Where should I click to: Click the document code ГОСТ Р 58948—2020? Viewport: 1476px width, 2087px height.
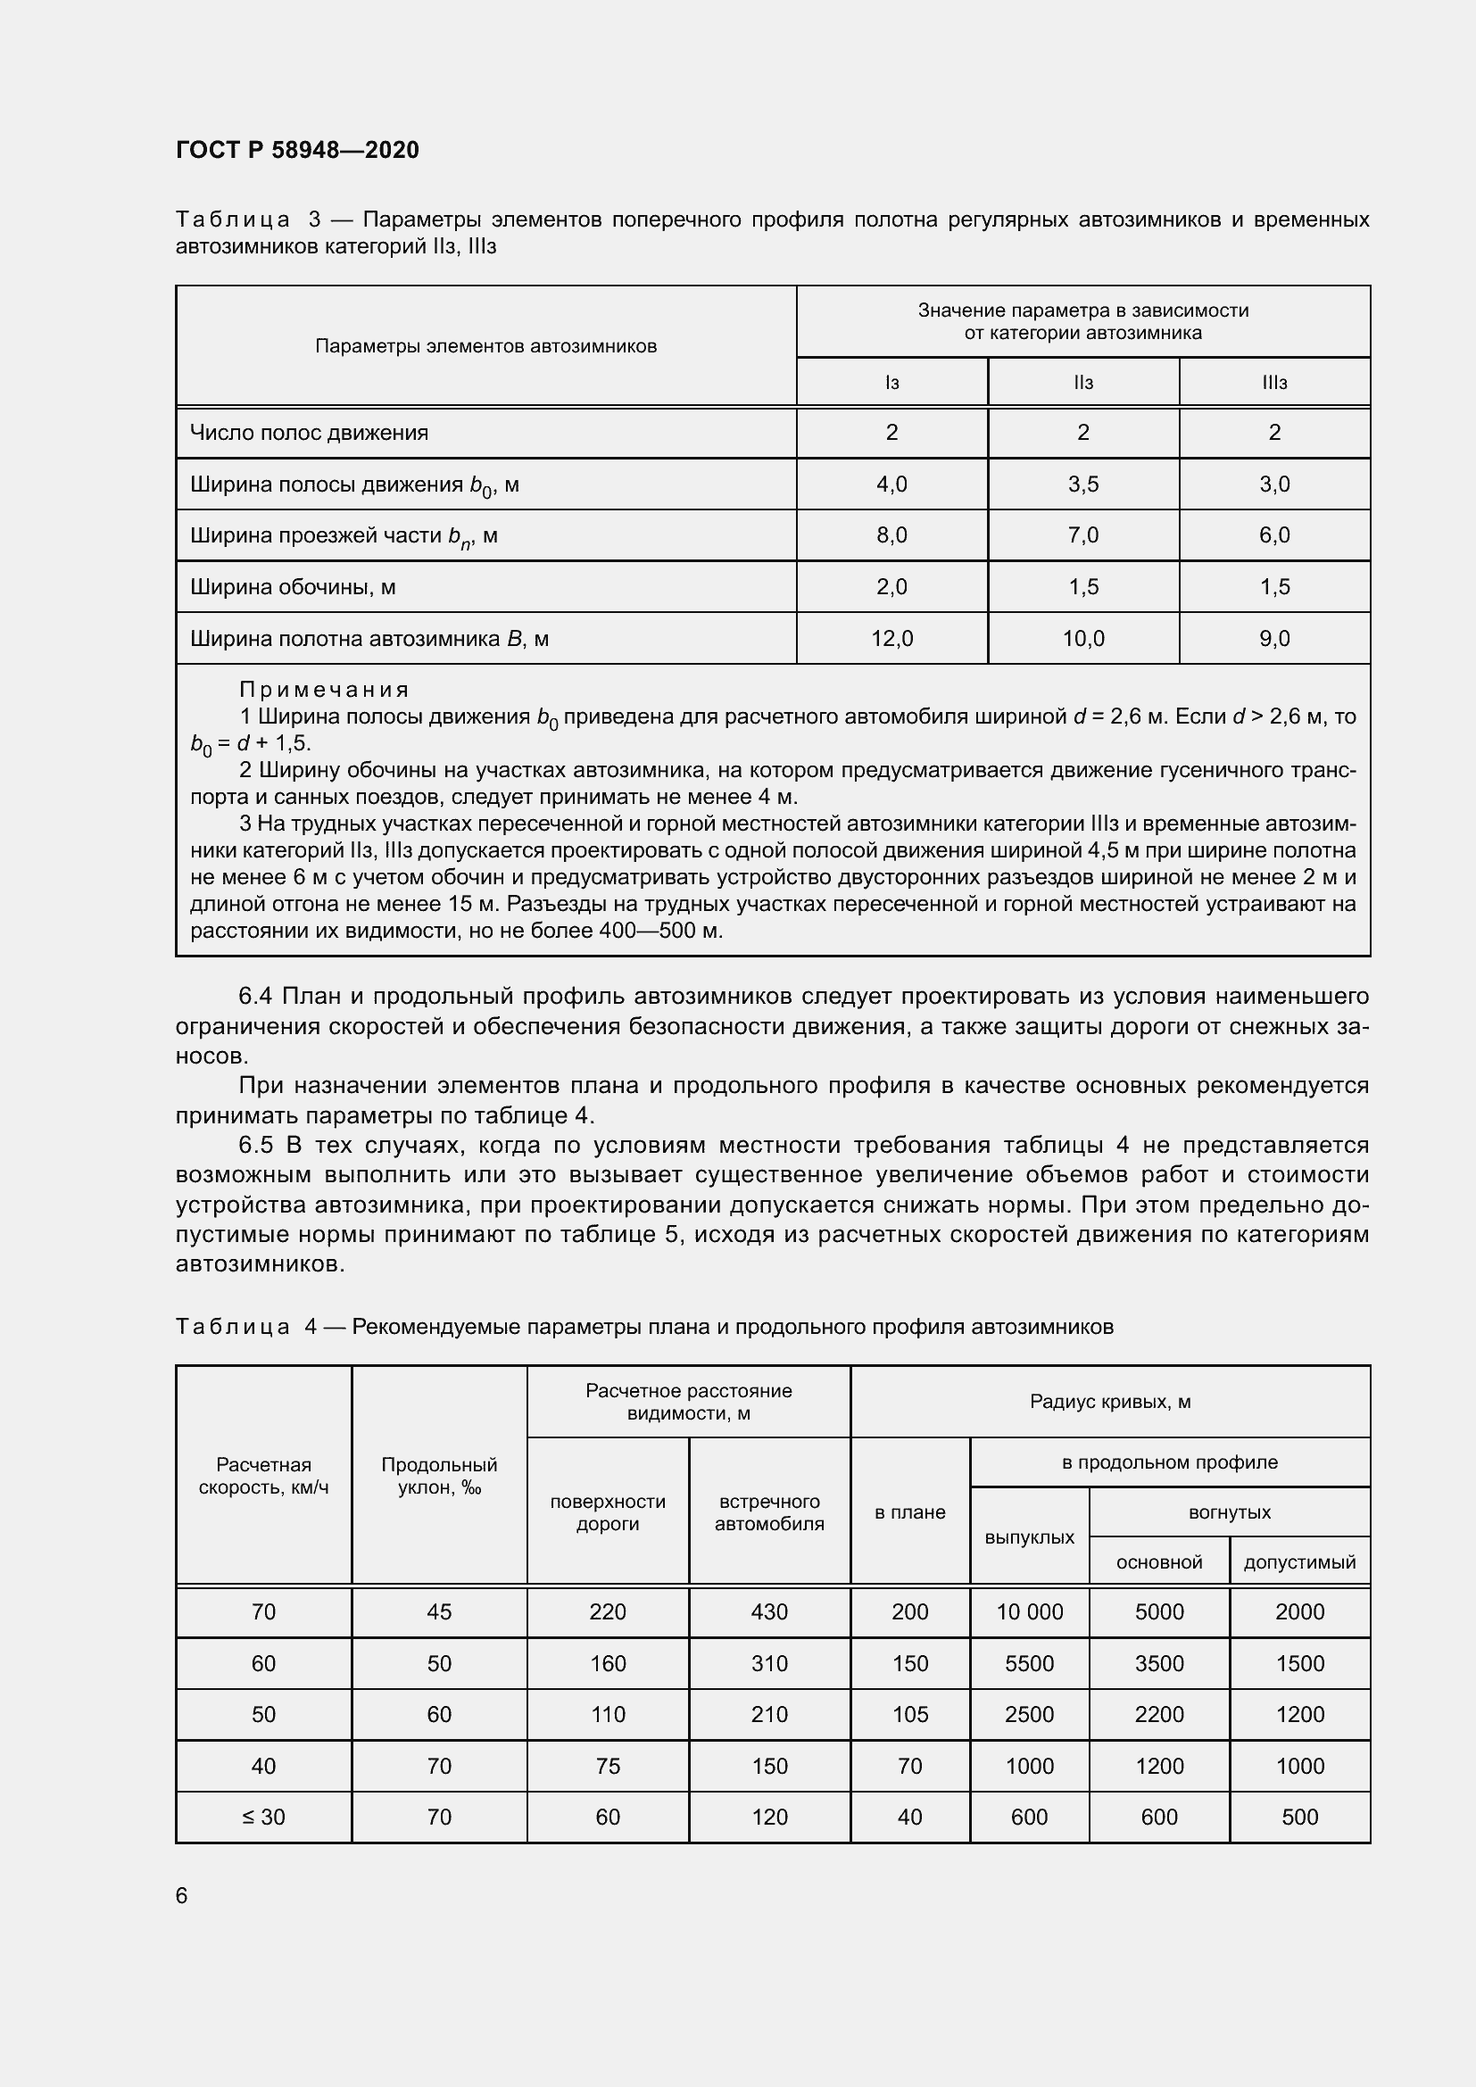[x=297, y=150]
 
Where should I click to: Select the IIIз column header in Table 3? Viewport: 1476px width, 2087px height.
[x=1274, y=383]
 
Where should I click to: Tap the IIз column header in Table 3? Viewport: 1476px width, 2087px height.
[x=1082, y=383]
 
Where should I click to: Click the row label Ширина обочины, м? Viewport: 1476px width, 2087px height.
[x=293, y=587]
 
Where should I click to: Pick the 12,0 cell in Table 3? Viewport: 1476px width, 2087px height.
[x=891, y=639]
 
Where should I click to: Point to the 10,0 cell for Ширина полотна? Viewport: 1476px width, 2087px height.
[x=1083, y=639]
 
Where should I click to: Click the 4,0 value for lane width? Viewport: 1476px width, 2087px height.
[x=891, y=484]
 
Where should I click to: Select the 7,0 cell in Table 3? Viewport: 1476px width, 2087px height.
[x=1083, y=535]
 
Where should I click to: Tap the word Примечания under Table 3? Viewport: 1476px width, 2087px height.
[x=325, y=689]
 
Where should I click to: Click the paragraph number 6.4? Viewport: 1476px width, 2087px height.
[x=255, y=997]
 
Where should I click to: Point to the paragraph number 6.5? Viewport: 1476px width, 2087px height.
[x=255, y=1146]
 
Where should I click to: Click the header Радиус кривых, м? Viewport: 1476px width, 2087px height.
[x=1110, y=1402]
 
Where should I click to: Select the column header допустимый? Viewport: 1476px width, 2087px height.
[x=1298, y=1561]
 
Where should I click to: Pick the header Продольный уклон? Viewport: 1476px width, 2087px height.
[x=439, y=1475]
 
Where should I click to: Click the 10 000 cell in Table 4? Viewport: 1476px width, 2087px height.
[x=1029, y=1611]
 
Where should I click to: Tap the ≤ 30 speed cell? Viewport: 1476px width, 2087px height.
[x=263, y=1817]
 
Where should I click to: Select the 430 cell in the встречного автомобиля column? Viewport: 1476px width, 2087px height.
[x=769, y=1611]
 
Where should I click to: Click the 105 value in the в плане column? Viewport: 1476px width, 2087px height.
[x=909, y=1714]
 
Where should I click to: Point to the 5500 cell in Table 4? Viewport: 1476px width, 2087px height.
[x=1029, y=1663]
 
